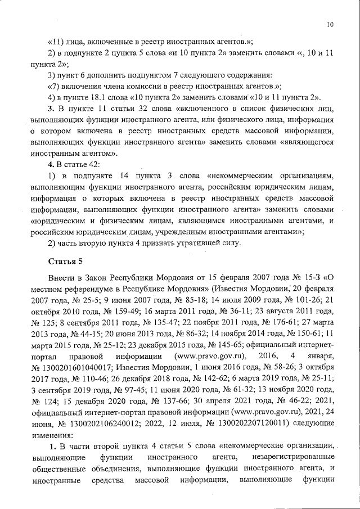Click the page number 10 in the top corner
tap(330, 24)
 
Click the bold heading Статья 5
tap(65, 262)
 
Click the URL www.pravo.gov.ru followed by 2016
tap(203, 357)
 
